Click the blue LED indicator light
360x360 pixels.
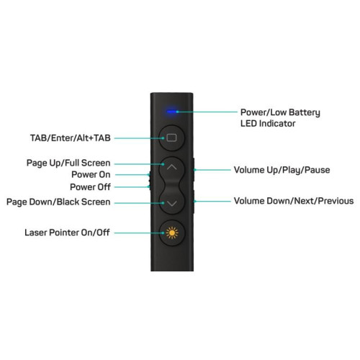171,112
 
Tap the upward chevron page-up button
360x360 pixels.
172,168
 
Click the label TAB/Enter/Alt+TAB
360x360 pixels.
71,138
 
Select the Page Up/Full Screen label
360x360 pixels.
68,163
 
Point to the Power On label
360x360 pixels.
91,174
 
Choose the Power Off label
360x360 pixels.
90,187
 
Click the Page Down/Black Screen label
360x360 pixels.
58,202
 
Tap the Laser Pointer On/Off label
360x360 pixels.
67,233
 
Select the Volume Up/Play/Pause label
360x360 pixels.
282,170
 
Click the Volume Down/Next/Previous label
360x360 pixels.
294,201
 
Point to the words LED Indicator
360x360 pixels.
268,124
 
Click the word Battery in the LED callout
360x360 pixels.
305,112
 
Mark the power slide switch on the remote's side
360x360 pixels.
150,181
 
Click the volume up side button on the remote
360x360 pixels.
194,170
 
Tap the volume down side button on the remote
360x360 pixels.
194,202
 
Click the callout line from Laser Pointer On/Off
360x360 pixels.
139,233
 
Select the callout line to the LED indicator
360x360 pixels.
207,112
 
